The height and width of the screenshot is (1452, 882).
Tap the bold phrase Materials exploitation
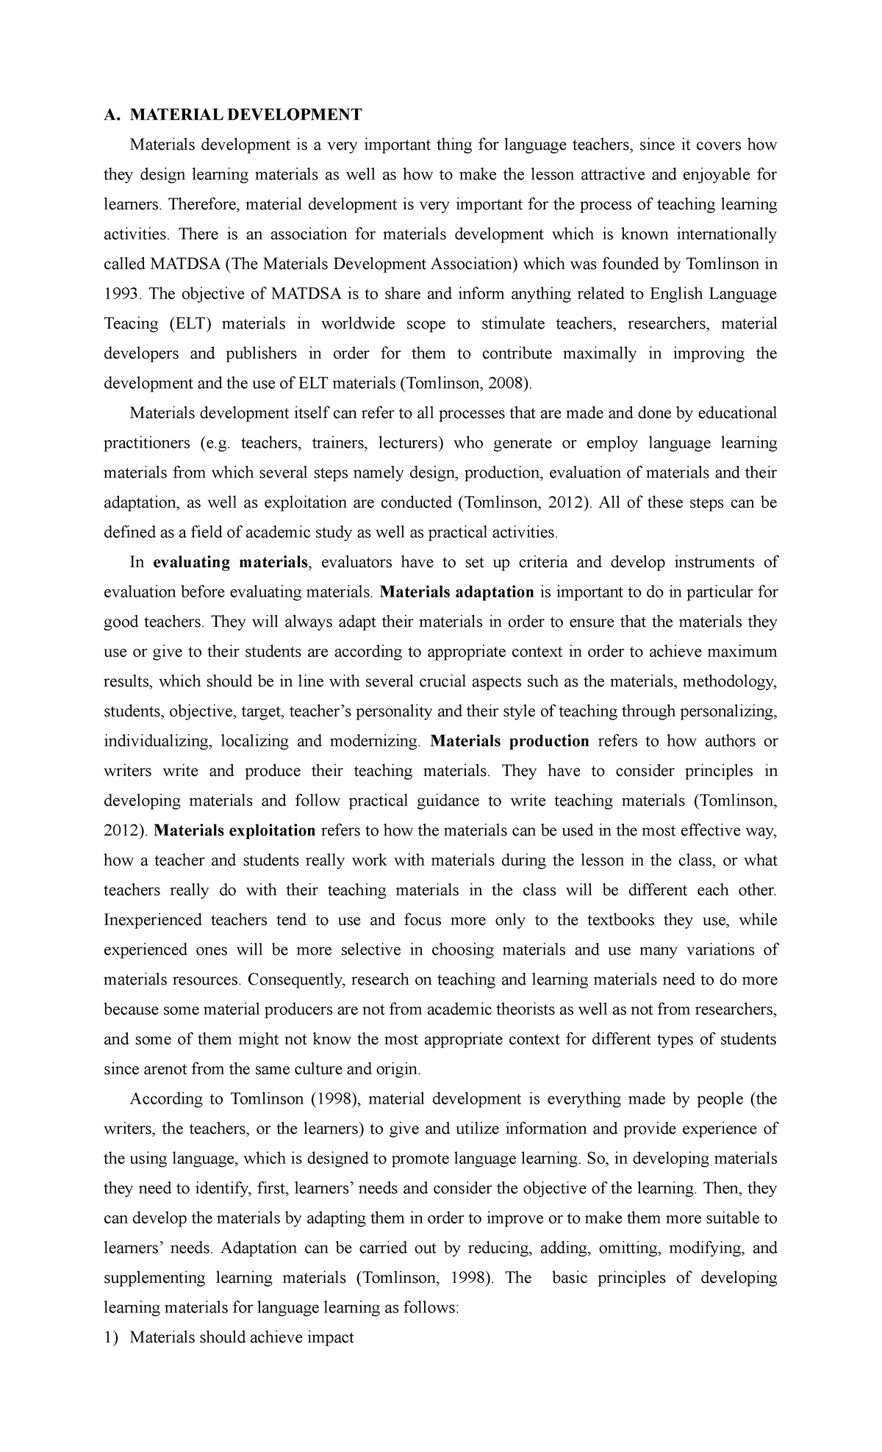coord(234,831)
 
